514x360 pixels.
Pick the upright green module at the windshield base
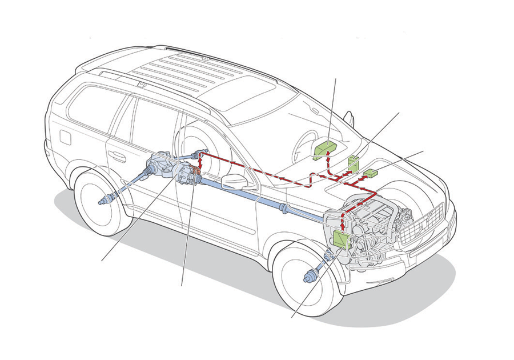coord(354,163)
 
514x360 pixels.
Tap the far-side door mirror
coord(348,118)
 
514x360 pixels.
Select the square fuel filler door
coord(65,138)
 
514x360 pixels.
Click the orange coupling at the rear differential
coord(195,170)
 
